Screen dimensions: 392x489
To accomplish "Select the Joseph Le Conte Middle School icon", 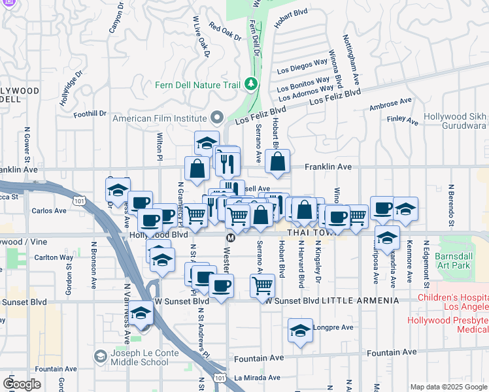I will (x=100, y=357).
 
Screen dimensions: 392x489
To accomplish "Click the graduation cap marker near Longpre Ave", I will (x=300, y=331).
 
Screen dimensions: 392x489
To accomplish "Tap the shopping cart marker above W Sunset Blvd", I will (x=262, y=284).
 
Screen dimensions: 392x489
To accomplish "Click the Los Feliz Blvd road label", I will (x=335, y=97).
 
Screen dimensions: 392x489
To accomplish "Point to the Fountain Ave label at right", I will (x=392, y=352).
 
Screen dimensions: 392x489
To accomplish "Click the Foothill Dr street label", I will (x=90, y=114).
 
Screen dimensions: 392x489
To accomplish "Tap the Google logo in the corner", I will (x=21, y=384).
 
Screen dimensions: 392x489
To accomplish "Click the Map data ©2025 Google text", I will (x=448, y=387).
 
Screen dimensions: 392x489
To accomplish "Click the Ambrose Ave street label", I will (x=390, y=104).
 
